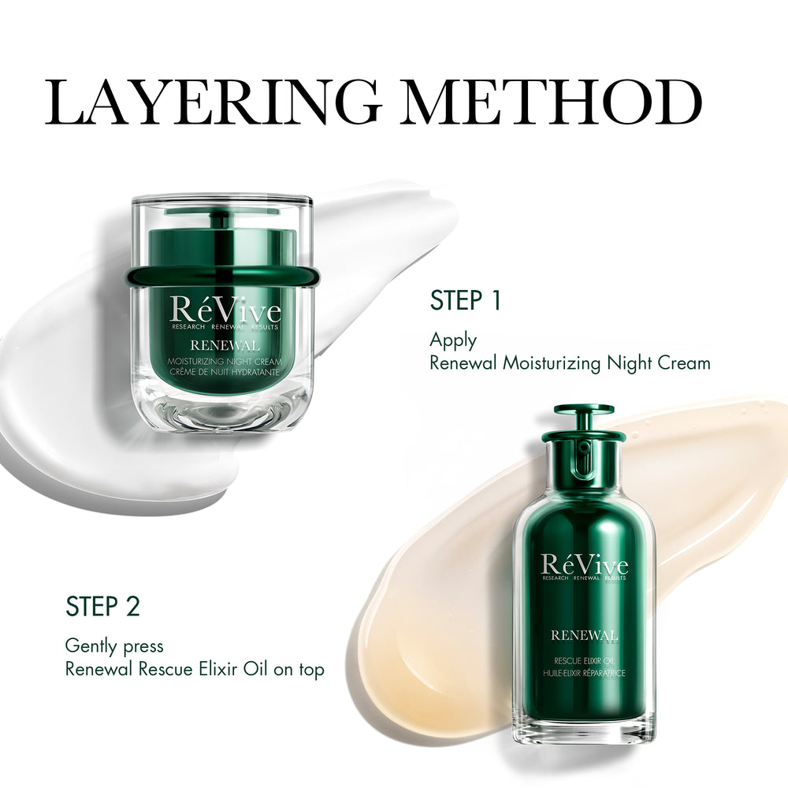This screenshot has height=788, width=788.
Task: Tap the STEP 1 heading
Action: point(466,300)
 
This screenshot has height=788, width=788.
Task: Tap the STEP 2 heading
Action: point(102,606)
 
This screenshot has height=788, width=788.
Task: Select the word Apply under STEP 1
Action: point(453,341)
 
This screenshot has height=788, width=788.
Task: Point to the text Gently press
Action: point(114,647)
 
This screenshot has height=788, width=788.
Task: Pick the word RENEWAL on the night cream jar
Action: point(225,346)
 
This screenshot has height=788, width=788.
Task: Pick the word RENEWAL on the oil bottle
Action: point(584,635)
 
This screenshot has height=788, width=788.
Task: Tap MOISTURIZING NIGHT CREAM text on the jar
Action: point(225,362)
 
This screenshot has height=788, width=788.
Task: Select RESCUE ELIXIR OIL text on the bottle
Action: point(584,661)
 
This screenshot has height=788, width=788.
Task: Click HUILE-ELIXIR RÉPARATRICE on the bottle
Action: point(584,674)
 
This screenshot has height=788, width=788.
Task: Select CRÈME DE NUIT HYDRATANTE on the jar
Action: point(225,373)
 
